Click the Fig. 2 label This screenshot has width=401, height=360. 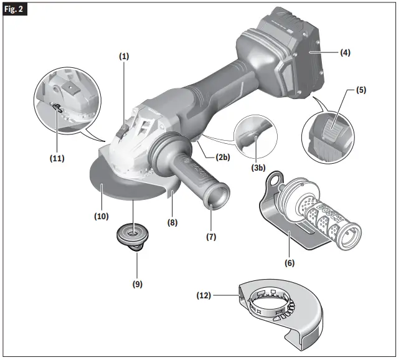tap(16, 11)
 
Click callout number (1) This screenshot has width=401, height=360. tap(124, 56)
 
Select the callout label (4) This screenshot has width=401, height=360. tap(344, 53)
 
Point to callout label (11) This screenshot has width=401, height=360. tap(58, 158)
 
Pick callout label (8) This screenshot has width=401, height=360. tap(171, 220)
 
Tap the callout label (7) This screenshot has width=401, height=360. tap(210, 237)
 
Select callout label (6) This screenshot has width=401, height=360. tap(290, 263)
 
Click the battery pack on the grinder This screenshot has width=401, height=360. tap(283, 62)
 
